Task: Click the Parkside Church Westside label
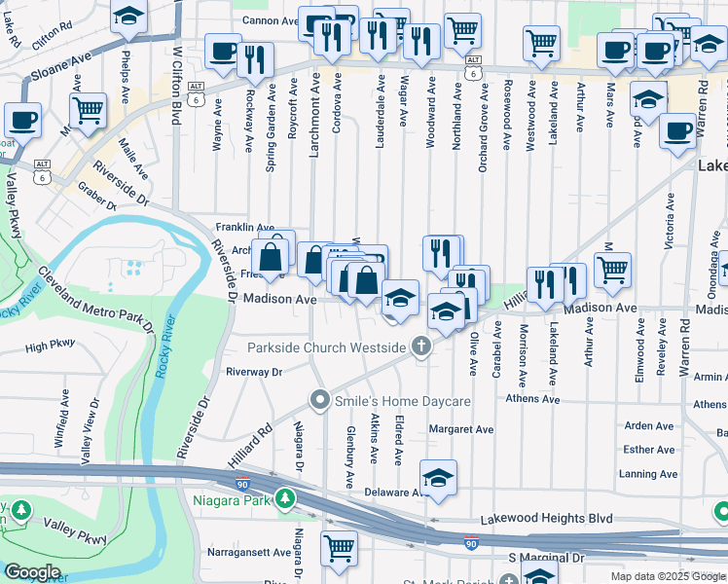(x=326, y=347)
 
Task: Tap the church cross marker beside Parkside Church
(x=422, y=347)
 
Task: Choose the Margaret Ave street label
(x=461, y=429)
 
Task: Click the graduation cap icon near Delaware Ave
(x=438, y=477)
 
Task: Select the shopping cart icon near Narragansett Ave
(x=339, y=547)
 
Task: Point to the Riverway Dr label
(x=253, y=372)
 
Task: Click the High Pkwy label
(x=50, y=346)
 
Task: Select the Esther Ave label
(x=650, y=450)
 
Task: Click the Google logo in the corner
(x=33, y=572)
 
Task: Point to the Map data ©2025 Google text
(x=668, y=576)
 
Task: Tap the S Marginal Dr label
(x=547, y=558)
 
